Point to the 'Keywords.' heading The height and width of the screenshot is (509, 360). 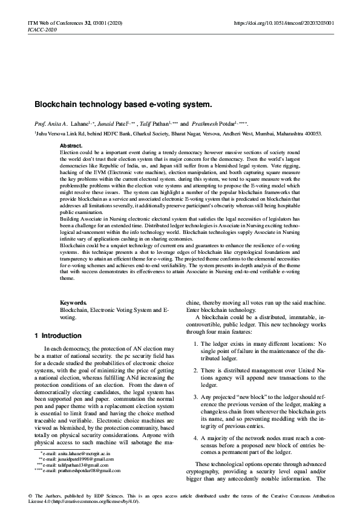(75, 302)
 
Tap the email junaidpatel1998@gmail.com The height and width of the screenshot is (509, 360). (82, 475)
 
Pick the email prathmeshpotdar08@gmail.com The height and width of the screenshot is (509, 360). (84, 487)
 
